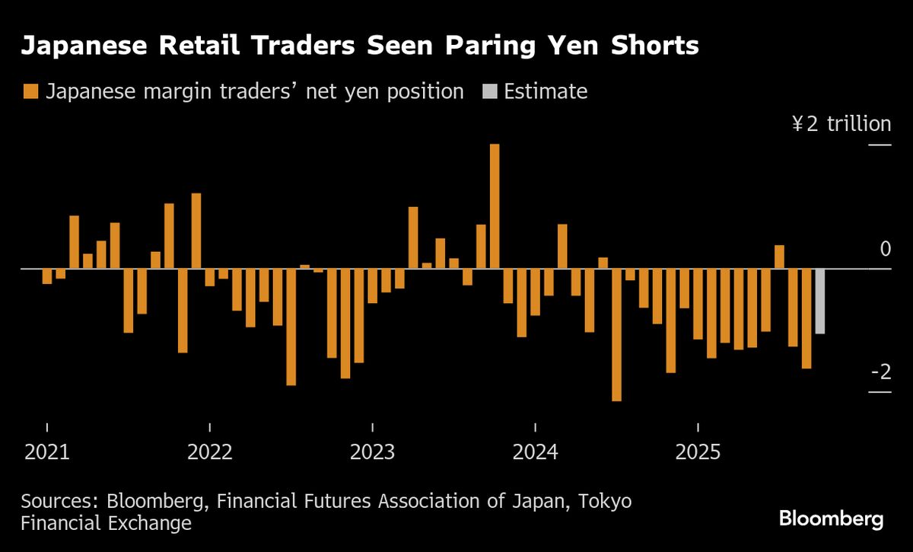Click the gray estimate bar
click(819, 301)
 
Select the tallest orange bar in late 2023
click(494, 206)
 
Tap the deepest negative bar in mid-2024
click(616, 334)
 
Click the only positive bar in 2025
click(779, 257)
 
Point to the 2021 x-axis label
click(47, 452)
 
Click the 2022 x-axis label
click(210, 452)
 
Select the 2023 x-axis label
click(373, 452)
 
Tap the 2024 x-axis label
click(536, 452)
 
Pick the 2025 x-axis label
click(698, 452)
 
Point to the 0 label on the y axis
click(884, 249)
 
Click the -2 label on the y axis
click(880, 372)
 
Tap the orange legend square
click(30, 92)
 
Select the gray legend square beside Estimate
click(489, 92)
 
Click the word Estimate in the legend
click(546, 92)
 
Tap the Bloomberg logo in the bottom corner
click(831, 519)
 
